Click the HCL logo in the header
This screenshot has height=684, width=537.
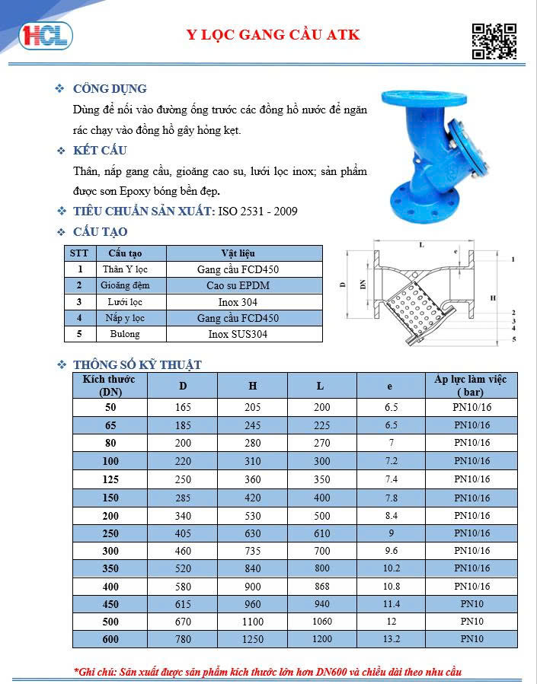(46, 35)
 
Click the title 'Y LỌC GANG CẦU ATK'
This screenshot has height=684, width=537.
(273, 34)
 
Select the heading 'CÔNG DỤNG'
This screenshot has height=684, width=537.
(110, 89)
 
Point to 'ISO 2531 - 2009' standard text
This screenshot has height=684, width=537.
(257, 211)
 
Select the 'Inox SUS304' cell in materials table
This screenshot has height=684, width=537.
(238, 334)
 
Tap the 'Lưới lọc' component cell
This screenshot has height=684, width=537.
(125, 302)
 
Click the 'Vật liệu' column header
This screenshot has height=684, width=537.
(238, 253)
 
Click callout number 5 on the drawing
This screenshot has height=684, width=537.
(513, 339)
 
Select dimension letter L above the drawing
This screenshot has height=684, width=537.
(420, 245)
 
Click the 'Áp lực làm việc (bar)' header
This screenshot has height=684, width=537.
(470, 385)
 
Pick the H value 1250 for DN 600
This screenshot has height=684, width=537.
(252, 639)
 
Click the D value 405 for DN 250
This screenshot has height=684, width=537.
(183, 533)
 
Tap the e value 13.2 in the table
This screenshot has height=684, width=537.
(392, 639)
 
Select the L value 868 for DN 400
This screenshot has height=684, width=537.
(322, 586)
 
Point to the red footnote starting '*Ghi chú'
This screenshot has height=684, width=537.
(267, 672)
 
